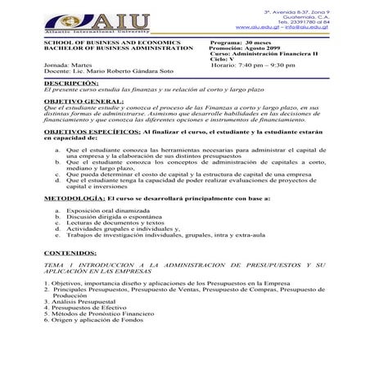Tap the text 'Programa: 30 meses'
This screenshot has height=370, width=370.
coord(241,41)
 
